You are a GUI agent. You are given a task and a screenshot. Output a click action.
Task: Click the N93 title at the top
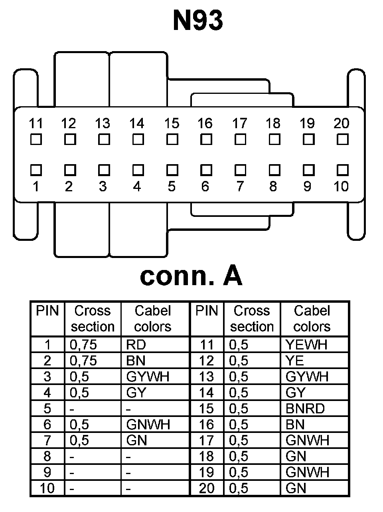point(198,21)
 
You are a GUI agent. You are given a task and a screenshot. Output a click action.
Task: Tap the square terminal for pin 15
point(172,140)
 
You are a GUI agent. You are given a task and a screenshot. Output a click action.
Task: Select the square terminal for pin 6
point(206,170)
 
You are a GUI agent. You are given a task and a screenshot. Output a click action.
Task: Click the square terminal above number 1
point(36,170)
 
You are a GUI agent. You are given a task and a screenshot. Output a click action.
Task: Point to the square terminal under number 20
point(342,140)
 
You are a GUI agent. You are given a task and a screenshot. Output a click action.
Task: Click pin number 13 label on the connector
point(103,123)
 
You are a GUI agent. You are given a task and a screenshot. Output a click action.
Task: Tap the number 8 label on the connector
point(273,186)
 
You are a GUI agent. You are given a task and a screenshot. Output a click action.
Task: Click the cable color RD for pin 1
point(136,345)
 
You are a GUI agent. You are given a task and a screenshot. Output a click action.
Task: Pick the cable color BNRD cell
point(305,409)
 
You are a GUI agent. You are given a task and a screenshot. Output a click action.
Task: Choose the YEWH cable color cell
point(307,345)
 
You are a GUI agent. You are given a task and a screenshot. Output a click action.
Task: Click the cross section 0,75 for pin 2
point(83,361)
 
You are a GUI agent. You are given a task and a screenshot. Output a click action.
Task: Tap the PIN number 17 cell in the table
point(207,441)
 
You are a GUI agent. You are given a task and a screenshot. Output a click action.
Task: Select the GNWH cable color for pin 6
point(148,425)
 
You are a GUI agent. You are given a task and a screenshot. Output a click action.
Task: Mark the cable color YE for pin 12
point(295,361)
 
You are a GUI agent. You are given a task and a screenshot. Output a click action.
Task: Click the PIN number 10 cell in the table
point(47,488)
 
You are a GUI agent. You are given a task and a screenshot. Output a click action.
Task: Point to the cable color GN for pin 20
point(296,488)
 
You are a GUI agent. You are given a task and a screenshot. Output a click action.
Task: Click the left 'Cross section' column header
point(93,319)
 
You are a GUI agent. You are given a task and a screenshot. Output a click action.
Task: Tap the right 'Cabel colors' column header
point(312,319)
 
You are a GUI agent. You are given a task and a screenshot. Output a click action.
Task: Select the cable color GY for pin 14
point(295,393)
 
